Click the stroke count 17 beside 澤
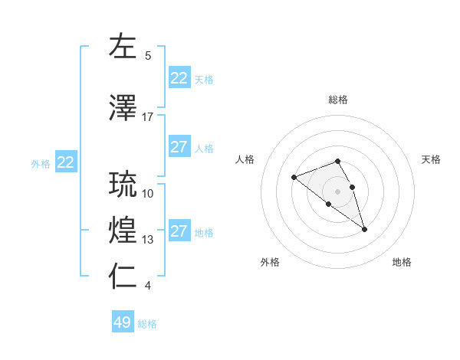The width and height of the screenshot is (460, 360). [148, 117]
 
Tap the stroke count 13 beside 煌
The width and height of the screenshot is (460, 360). [148, 240]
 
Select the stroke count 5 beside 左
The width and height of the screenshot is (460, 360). [148, 56]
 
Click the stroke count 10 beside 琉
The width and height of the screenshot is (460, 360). [148, 194]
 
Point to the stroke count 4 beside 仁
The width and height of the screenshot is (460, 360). [148, 286]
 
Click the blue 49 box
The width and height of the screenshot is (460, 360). [123, 322]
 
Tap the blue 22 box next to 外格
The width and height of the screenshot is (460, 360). [66, 162]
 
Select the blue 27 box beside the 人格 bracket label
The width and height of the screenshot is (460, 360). [179, 147]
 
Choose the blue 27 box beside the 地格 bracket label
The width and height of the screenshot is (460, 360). [179, 231]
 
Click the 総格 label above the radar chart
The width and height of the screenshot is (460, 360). [338, 100]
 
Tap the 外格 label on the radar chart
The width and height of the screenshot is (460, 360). [270, 262]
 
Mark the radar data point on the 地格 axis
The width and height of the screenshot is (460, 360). [364, 229]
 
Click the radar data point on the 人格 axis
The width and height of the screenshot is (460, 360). [294, 178]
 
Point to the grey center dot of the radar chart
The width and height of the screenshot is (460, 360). [337, 191]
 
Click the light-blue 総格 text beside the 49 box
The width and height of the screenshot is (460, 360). [147, 324]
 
